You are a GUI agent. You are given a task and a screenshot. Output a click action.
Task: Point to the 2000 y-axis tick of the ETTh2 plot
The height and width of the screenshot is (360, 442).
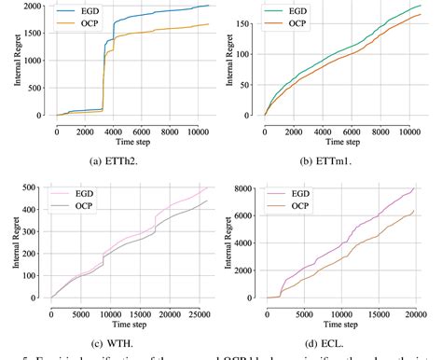(x=39, y=7)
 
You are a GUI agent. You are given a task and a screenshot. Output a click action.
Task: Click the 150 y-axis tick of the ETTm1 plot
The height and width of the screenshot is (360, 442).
(x=251, y=19)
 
